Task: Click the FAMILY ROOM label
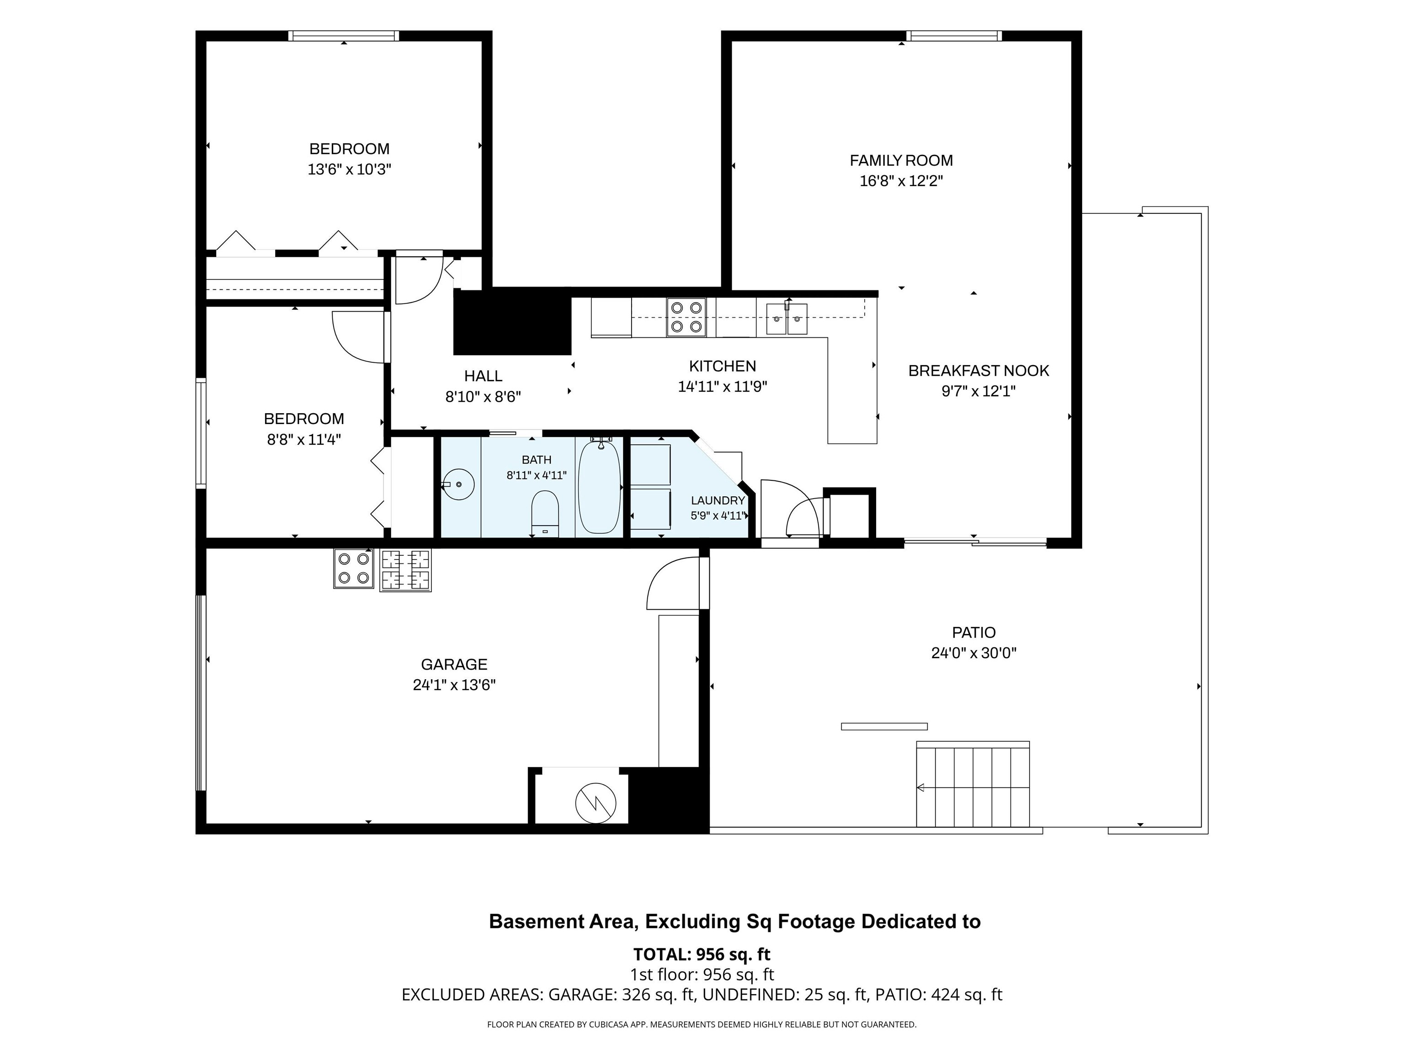coord(901,160)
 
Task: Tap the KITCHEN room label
coord(722,366)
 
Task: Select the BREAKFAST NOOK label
coord(979,371)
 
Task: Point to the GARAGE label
coord(454,665)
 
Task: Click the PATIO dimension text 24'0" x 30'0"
coord(973,653)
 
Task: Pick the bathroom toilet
coord(545,514)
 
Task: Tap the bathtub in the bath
coord(599,486)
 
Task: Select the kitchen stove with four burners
coord(686,317)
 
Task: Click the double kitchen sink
coord(787,319)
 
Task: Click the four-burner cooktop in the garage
coord(354,569)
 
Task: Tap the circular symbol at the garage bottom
coord(596,803)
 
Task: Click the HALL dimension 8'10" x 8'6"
coord(483,397)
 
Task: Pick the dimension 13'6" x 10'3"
coord(349,170)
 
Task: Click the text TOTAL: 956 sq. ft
coord(702,955)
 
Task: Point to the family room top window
coord(954,36)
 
